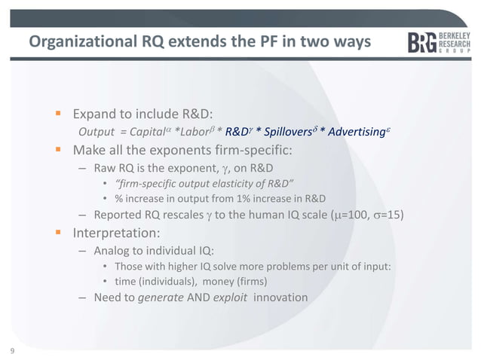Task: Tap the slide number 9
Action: pos(13,350)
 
